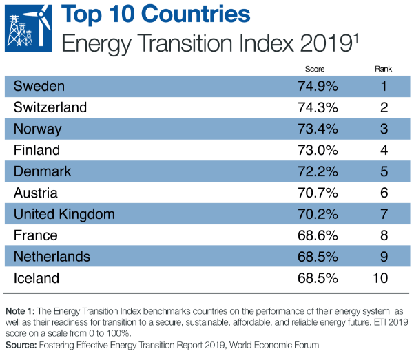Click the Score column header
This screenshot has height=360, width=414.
314,69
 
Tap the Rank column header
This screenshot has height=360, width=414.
382,69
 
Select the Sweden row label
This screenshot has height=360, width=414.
39,86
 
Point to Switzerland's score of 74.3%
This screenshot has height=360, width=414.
315,107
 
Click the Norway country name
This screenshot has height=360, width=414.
38,129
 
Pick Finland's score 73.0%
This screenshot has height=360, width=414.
315,150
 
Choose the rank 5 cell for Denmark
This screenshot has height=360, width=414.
383,171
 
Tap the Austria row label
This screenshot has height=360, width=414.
36,193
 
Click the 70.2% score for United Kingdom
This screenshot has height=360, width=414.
315,214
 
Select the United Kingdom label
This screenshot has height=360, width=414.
65,214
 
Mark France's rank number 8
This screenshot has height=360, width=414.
383,235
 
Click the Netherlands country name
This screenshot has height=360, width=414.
52,257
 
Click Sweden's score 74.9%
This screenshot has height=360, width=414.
315,86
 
